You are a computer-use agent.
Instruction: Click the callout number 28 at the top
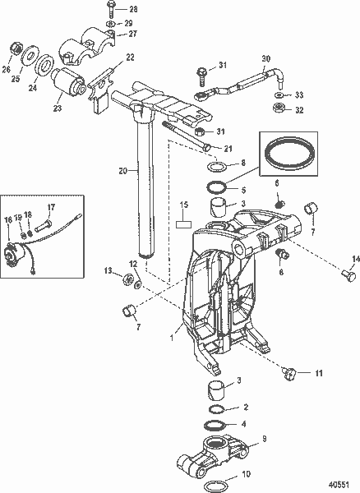134,8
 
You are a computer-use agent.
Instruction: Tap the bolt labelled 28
112,9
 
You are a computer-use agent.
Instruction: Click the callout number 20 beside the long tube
122,171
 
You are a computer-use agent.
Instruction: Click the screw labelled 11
288,373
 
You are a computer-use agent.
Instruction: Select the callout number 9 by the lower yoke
264,439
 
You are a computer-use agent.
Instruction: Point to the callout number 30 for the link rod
265,58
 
